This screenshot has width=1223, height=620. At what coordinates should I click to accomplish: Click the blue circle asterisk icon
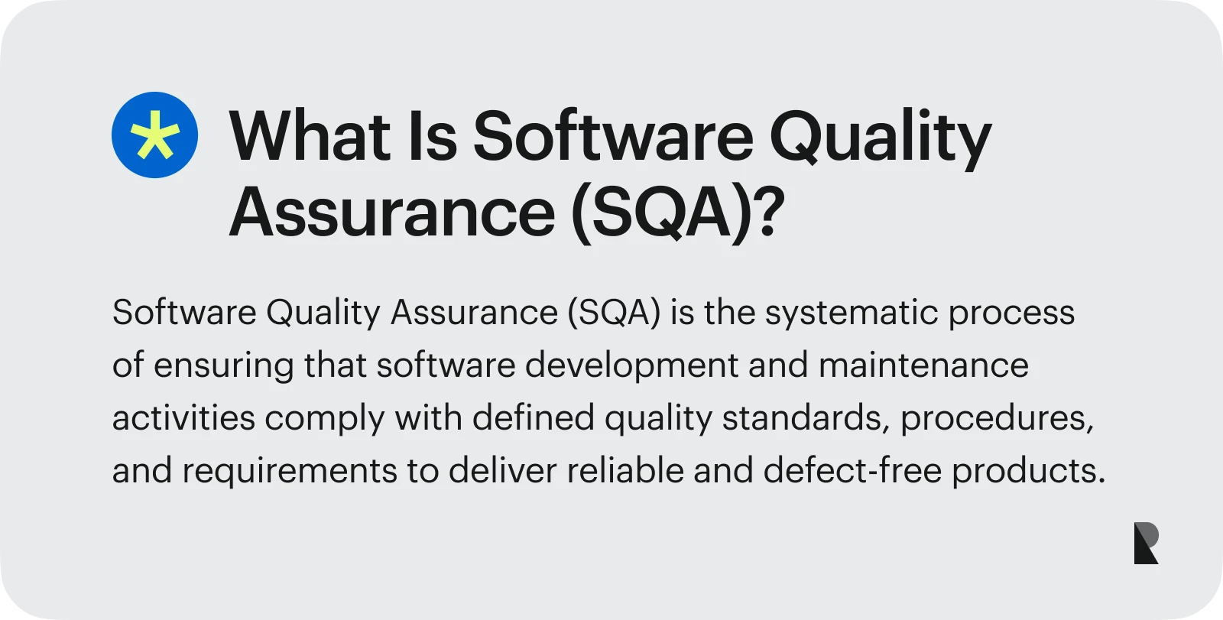(154, 135)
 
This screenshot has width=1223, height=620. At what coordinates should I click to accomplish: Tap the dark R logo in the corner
(1146, 543)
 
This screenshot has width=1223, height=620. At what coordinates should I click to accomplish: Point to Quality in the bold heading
(880, 139)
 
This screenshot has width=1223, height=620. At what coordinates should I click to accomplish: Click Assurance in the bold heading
(392, 212)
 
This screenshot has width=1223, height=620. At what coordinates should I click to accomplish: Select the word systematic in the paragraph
(852, 313)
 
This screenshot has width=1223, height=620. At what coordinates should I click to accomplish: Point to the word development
(631, 366)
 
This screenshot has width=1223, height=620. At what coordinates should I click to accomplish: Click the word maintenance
(924, 365)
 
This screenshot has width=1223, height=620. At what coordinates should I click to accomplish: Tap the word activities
(183, 418)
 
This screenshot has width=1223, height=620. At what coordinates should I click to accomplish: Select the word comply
(325, 419)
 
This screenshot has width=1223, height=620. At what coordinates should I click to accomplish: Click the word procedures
(997, 419)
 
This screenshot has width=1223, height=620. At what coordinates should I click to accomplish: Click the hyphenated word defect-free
(852, 470)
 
